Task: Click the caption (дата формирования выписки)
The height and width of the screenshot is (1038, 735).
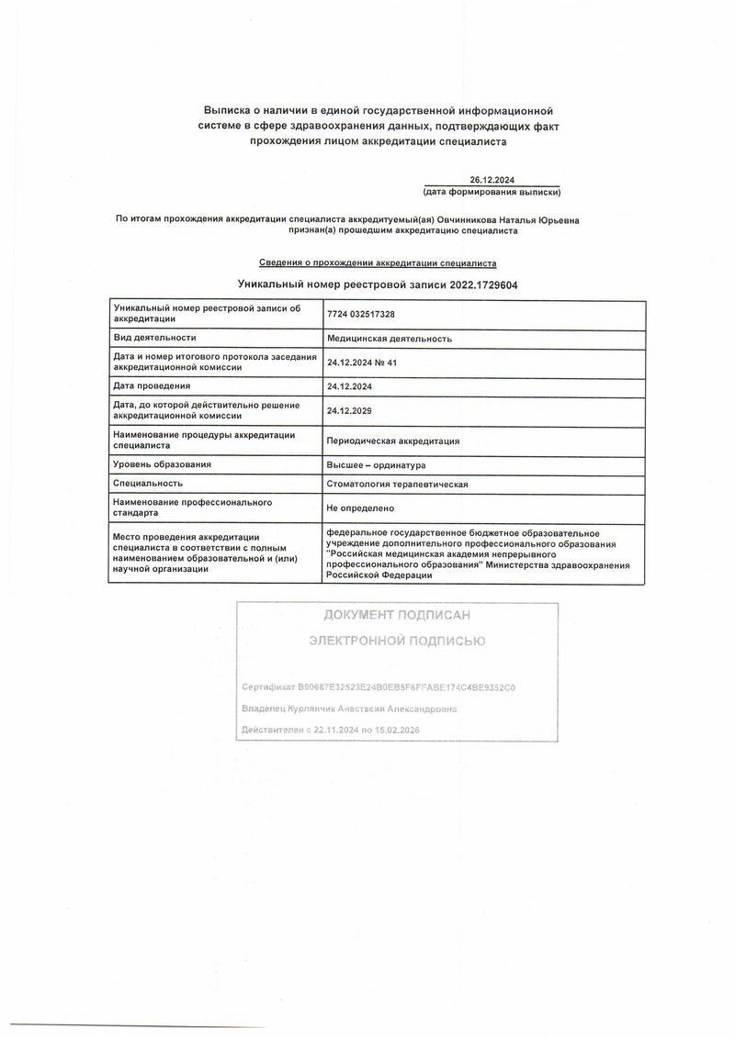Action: [x=492, y=192]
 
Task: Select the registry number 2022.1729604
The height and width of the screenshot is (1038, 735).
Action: [x=483, y=285]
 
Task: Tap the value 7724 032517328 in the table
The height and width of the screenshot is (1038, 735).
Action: [x=361, y=314]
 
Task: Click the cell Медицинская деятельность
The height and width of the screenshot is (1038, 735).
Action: [x=390, y=338]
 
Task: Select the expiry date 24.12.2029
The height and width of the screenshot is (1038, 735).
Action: [x=349, y=410]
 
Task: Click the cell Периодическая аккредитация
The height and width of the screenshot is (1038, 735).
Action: [x=393, y=441]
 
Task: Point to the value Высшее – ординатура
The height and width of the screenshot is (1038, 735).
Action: [x=376, y=464]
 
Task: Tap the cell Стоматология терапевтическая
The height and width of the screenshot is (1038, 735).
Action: [x=398, y=483]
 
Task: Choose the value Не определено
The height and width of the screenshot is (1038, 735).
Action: [x=360, y=508]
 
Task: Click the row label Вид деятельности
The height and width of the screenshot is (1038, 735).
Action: [x=154, y=338]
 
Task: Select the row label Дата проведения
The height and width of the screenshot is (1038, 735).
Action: [x=152, y=385]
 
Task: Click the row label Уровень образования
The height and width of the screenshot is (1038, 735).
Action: [x=162, y=464]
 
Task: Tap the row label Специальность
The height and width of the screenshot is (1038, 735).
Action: [x=148, y=483]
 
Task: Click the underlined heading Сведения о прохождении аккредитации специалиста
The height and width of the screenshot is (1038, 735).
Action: [x=378, y=262]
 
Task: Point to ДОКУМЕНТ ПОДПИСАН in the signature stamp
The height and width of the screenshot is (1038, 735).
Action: [x=397, y=615]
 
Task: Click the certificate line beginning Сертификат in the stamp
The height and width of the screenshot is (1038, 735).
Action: [x=378, y=686]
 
